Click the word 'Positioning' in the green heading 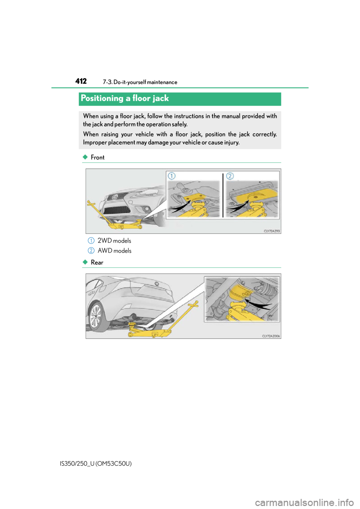click(102, 98)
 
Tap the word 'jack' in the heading click(160, 98)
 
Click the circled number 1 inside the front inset click(172, 176)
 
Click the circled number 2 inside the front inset click(230, 176)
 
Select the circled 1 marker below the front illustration click(91, 240)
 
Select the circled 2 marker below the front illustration click(91, 250)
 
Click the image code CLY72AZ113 click(271, 231)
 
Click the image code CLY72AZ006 click(271, 336)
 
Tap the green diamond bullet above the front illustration click(85, 157)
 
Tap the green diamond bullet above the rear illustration click(85, 262)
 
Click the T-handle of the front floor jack click(90, 203)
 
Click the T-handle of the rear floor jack click(195, 304)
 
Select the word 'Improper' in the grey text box click(95, 142)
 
